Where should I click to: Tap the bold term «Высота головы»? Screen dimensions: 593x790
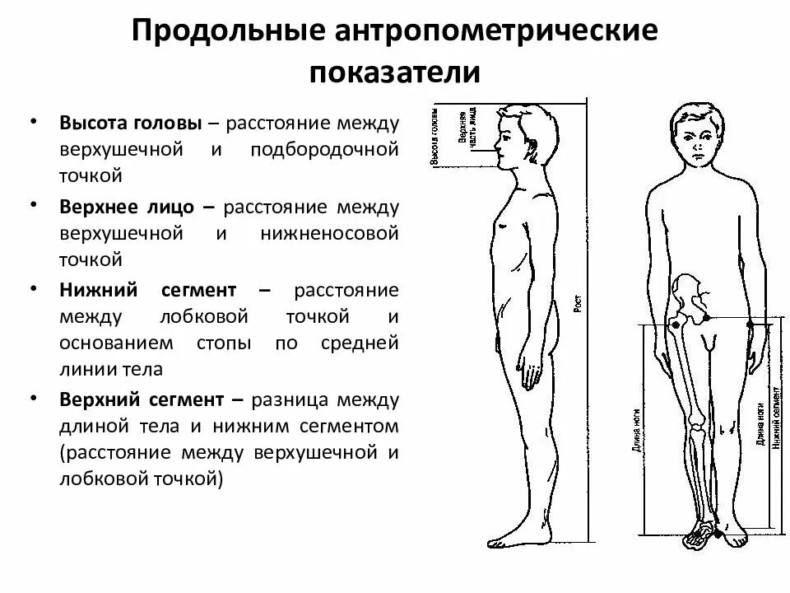coord(130,124)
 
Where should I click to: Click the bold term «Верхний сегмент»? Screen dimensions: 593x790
coord(142,399)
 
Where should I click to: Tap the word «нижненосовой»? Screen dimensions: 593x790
coord(330,232)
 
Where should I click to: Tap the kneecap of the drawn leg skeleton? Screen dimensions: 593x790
coord(698,425)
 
